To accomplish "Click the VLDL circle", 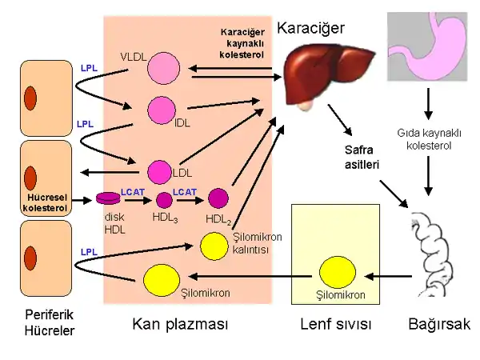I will pyautogui.click(x=163, y=67).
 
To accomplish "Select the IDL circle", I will pyautogui.click(x=162, y=110).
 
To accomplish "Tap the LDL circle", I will pyautogui.click(x=160, y=171).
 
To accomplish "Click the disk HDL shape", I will pyautogui.click(x=108, y=198).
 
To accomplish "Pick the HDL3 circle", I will pyautogui.click(x=164, y=199).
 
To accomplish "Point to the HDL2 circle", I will pyautogui.click(x=218, y=198).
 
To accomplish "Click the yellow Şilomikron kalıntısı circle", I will pyautogui.click(x=214, y=246).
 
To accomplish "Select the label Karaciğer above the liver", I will pyautogui.click(x=310, y=28).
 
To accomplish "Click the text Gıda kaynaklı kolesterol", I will pyautogui.click(x=430, y=139).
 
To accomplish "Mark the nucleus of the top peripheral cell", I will pyautogui.click(x=30, y=98).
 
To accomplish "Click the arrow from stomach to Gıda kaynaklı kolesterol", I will pyautogui.click(x=430, y=103).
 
